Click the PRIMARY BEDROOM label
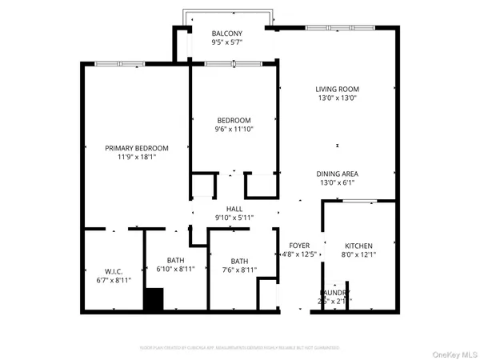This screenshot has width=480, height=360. pyautogui.click(x=137, y=148)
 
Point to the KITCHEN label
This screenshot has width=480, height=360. pyautogui.click(x=359, y=246)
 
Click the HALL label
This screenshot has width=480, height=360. pyautogui.click(x=234, y=208)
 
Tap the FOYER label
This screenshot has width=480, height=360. pyautogui.click(x=299, y=246)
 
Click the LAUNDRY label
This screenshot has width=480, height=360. pyautogui.click(x=335, y=293)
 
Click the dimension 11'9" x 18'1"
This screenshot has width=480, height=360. pyautogui.click(x=137, y=158)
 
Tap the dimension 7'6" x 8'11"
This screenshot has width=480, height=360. pyautogui.click(x=239, y=270)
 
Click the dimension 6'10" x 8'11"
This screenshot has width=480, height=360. pyautogui.click(x=174, y=270)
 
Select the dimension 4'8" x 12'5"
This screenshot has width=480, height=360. pyautogui.click(x=299, y=255)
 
